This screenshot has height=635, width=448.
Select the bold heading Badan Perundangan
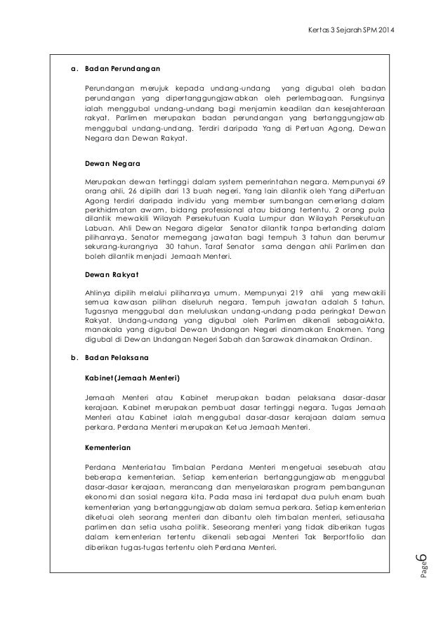point(122,69)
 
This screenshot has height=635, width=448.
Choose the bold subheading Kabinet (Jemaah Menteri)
point(132,377)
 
